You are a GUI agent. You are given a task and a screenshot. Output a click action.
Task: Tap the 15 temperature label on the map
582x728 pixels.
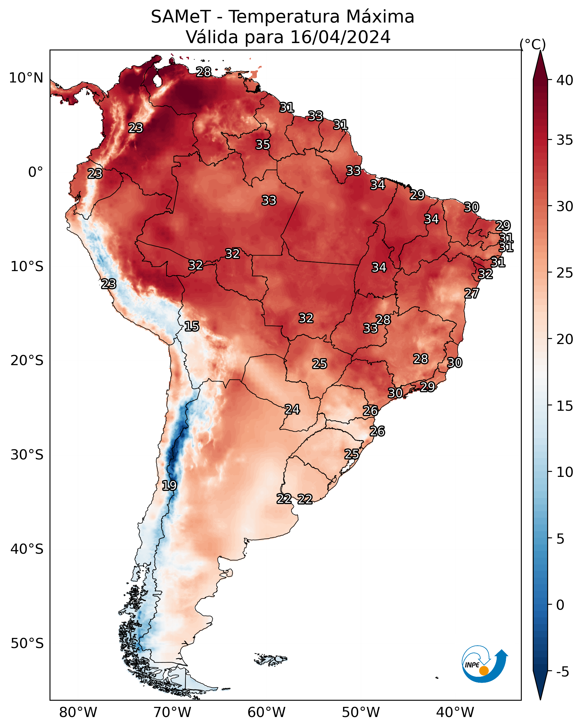191,326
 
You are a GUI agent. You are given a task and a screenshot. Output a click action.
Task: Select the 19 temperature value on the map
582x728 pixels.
169,486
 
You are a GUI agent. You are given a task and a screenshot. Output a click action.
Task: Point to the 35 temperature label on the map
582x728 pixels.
263,144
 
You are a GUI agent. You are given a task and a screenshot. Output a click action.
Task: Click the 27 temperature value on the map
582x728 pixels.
472,293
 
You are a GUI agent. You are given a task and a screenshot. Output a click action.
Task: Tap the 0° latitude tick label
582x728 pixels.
36,172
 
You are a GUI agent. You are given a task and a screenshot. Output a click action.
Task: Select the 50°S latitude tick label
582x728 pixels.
27,644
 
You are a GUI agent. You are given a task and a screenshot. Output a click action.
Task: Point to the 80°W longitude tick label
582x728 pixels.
78,713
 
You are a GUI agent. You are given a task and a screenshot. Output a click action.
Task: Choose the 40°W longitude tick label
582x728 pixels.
455,713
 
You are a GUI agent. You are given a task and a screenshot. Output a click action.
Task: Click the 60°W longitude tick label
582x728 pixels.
267,713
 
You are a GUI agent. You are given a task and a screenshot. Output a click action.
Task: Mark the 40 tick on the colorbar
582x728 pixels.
565,80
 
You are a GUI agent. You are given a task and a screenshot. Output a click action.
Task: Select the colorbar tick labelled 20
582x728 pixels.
565,339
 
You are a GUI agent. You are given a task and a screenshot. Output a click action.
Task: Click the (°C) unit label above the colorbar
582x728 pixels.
533,44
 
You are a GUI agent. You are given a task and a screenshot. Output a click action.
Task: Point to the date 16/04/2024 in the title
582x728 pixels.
340,37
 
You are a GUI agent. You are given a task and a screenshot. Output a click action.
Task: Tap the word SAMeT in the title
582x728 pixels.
181,17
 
